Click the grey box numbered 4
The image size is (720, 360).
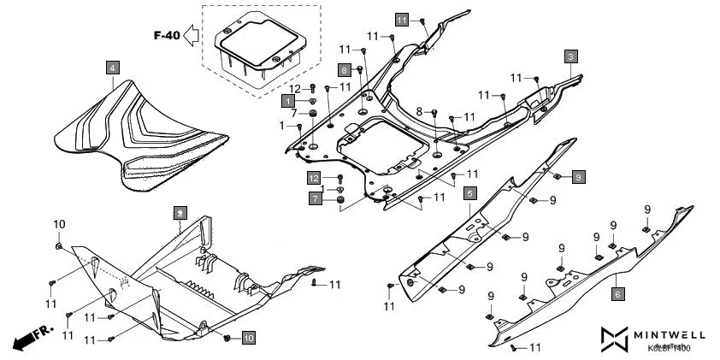click(x=113, y=67)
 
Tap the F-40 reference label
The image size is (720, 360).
click(x=166, y=36)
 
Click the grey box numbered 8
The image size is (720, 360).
click(x=343, y=69)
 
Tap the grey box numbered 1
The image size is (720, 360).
click(x=288, y=101)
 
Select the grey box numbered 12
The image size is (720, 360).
click(x=315, y=178)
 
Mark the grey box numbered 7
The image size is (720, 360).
click(x=315, y=199)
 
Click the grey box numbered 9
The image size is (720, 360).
click(x=579, y=177)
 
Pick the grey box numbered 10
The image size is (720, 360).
click(x=248, y=339)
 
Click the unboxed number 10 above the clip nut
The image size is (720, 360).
click(x=59, y=224)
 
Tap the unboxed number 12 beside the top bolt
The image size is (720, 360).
click(x=294, y=89)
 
